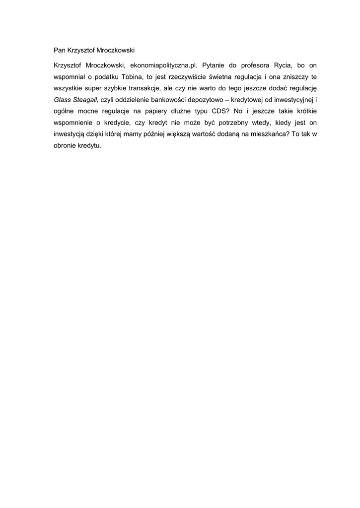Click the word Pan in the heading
[x=60, y=50]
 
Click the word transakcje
[x=139, y=88]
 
